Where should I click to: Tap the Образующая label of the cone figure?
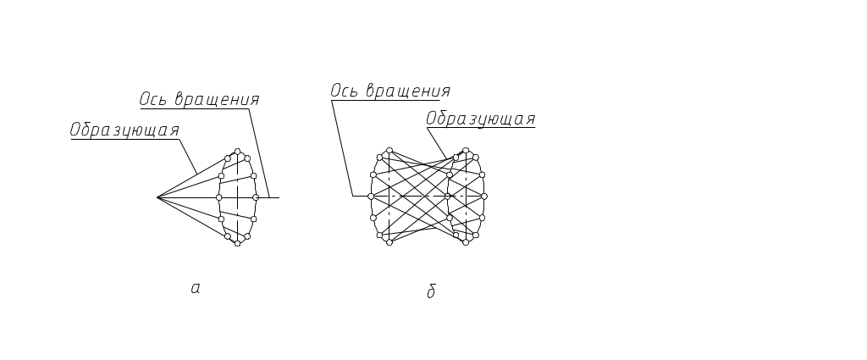click(124, 130)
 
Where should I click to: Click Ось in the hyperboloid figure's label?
click(344, 91)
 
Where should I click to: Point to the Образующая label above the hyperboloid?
click(480, 119)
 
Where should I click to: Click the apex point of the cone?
click(157, 197)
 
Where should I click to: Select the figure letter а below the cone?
click(196, 290)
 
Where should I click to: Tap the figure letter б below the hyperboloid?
click(432, 292)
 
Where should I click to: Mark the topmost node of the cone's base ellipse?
click(238, 152)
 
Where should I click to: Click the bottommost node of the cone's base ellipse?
click(238, 244)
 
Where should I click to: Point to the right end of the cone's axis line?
click(279, 197)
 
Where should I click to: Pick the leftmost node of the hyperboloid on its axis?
click(370, 197)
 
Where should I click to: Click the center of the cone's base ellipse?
click(238, 197)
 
